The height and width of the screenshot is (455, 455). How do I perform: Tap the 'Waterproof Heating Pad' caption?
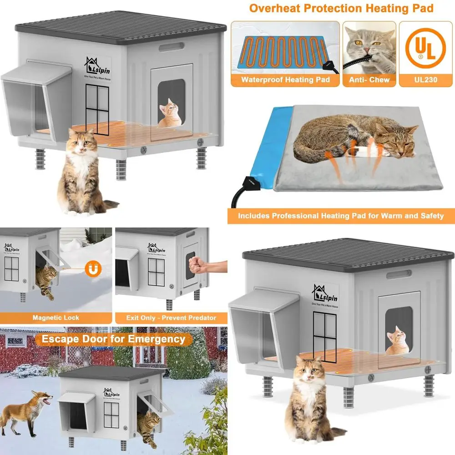pos(285,80)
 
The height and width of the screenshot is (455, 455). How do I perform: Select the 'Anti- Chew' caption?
pos(369,80)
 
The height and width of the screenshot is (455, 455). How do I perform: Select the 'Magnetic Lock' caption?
pos(56,317)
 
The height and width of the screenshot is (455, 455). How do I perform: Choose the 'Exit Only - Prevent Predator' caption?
pos(171,317)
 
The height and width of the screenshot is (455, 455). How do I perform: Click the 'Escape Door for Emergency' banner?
pos(113,339)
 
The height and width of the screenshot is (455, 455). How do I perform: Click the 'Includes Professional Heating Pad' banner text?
pos(341,216)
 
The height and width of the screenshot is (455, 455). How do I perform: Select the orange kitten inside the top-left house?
pos(168,114)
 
